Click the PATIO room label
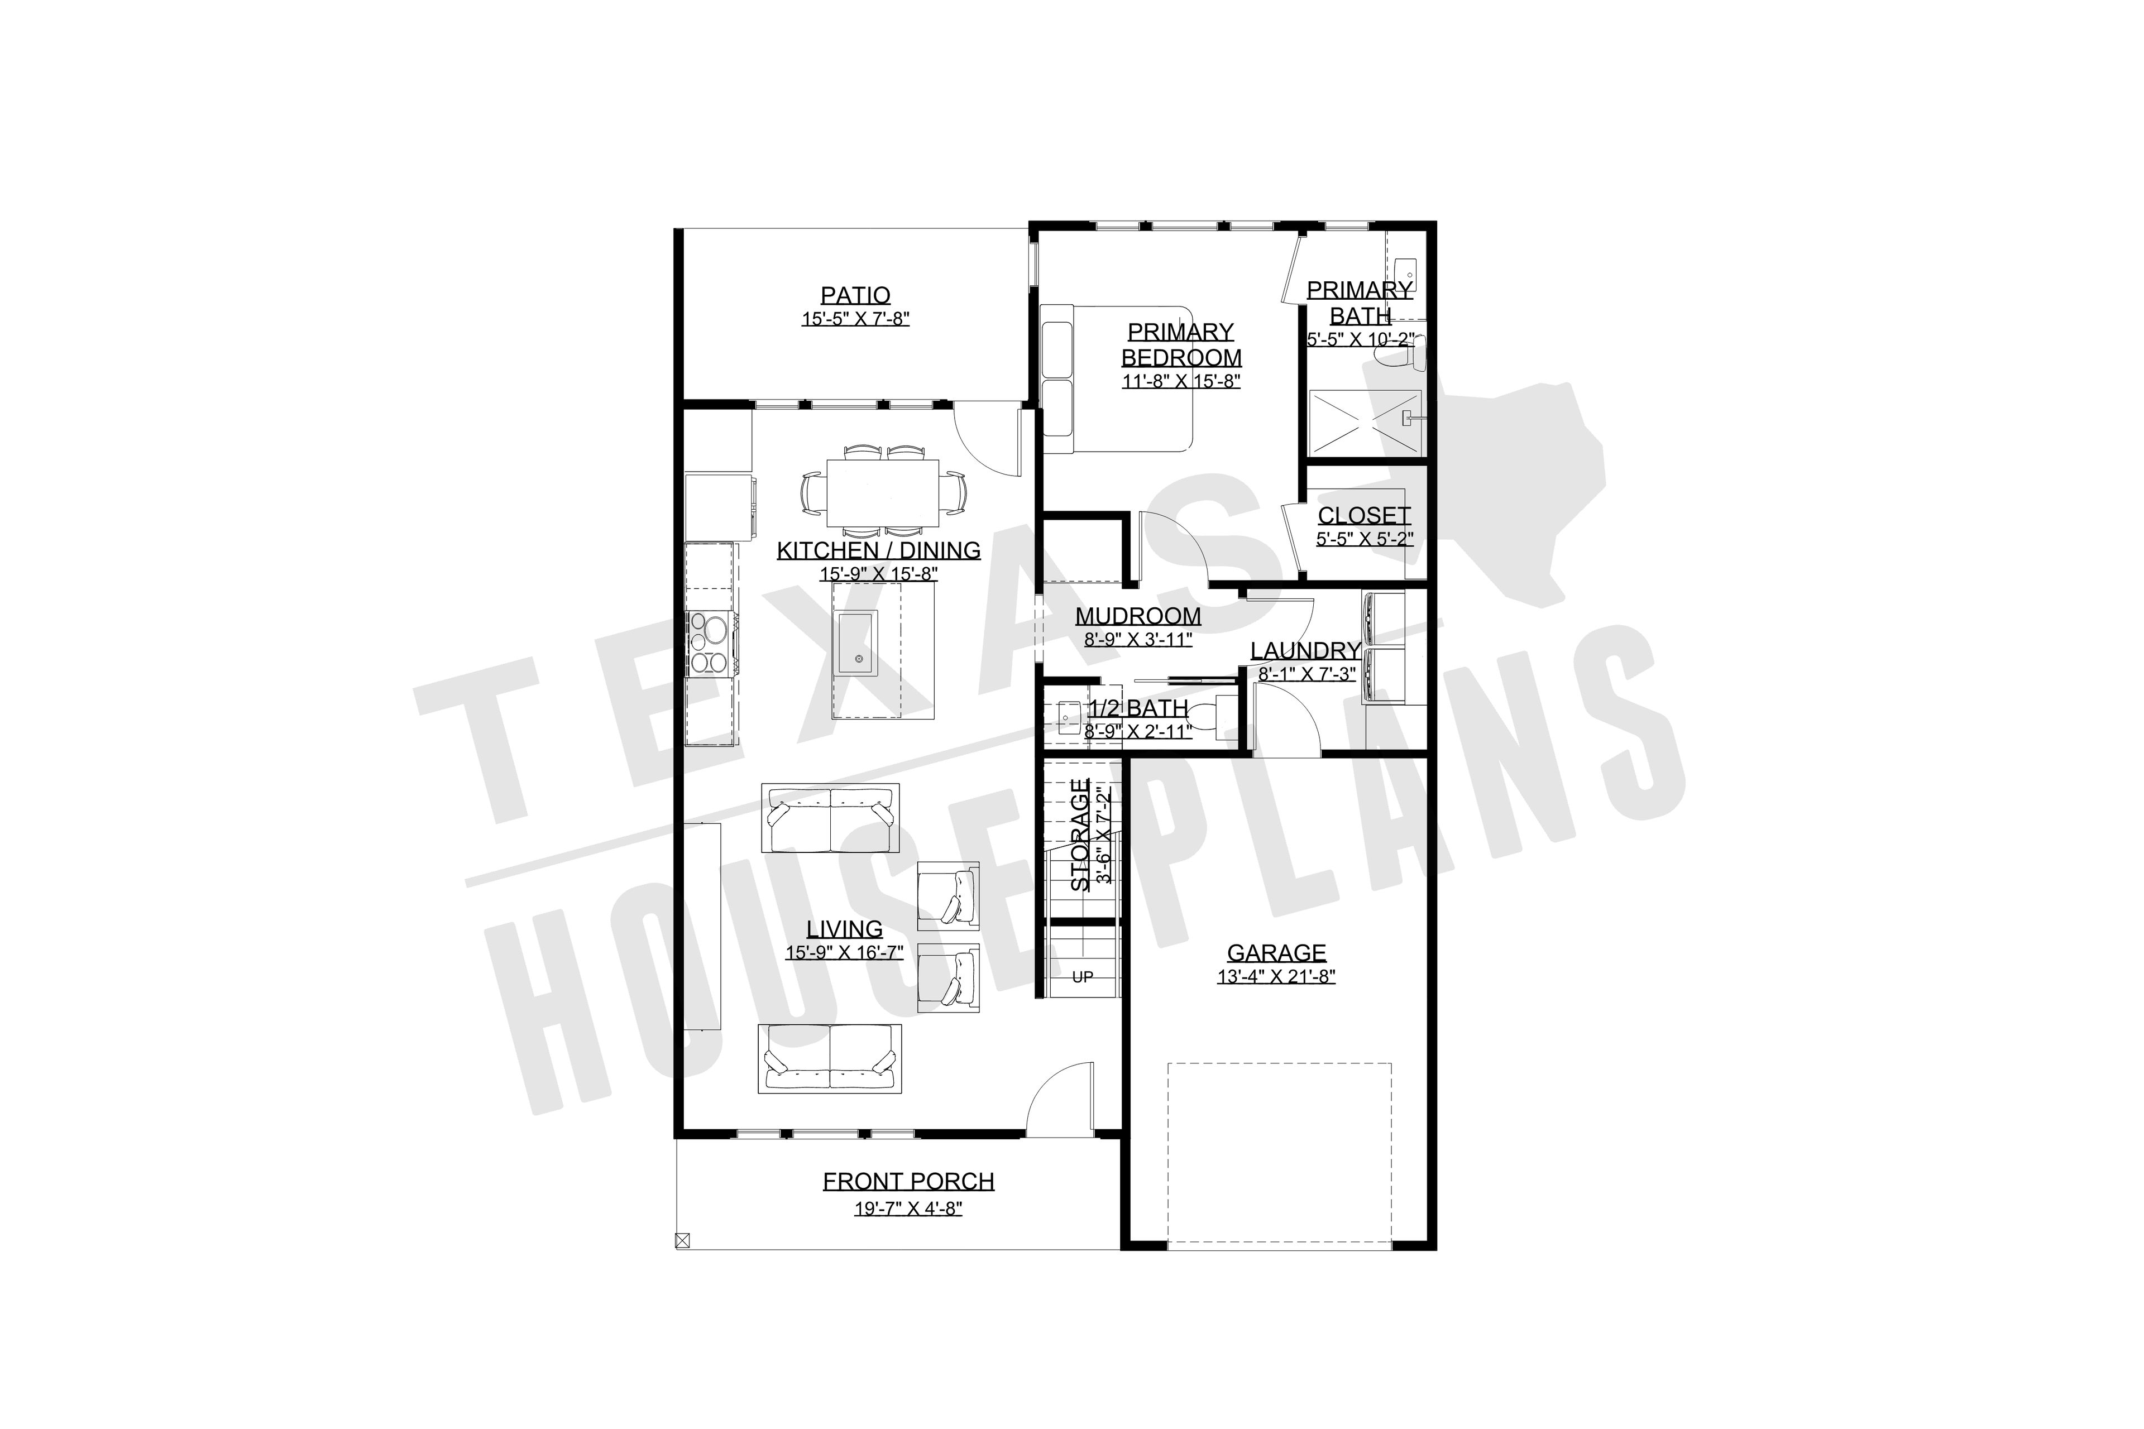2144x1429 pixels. tap(855, 295)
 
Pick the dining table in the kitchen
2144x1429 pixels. tap(882, 493)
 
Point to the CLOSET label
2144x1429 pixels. tap(1363, 516)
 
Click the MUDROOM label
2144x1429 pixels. tap(1138, 617)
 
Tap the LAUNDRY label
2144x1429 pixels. tap(1305, 651)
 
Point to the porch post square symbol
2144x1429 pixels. tap(682, 1239)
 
